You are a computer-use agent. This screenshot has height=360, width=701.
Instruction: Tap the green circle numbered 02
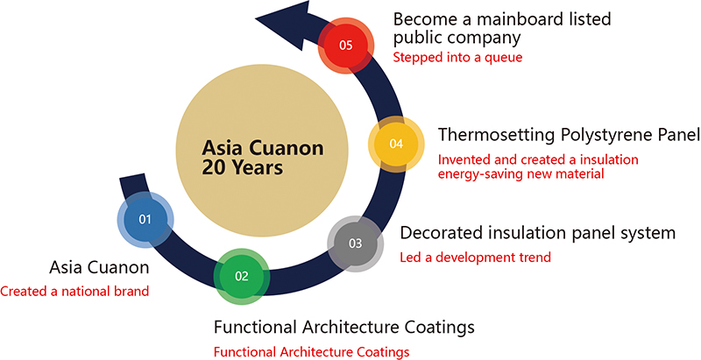point(242,276)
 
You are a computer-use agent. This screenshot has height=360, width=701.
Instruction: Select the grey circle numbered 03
point(355,243)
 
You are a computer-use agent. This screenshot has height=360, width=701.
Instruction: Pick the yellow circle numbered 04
point(395,144)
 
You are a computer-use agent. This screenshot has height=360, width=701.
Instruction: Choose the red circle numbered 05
point(345,44)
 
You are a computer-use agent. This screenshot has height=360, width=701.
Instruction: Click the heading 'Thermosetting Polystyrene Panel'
point(569,136)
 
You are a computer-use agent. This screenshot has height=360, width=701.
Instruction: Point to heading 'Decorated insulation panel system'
point(537,234)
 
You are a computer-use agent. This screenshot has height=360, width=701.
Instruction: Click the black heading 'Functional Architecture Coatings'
point(344,328)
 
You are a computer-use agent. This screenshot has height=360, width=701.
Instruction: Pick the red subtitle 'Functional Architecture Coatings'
point(311,352)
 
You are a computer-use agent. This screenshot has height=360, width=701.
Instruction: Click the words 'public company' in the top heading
point(457,39)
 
